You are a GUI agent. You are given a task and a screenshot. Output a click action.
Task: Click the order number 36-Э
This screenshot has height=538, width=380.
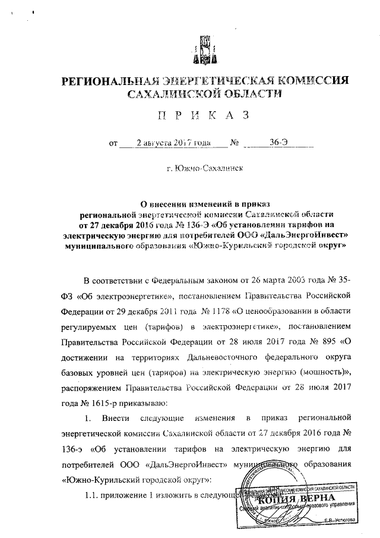[x=279, y=143]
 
